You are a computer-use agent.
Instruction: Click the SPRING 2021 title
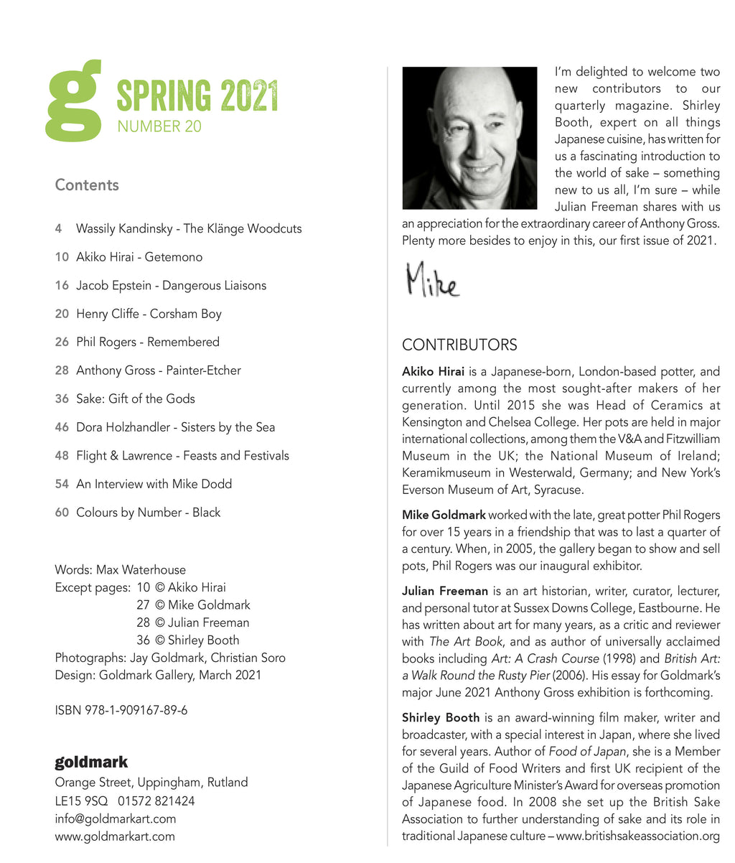coord(197,95)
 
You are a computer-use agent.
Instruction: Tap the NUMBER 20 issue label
coord(159,126)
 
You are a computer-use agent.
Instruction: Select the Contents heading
coord(87,185)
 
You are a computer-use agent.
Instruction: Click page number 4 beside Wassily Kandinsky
coord(58,229)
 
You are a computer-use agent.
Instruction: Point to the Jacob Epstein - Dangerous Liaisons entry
coord(171,286)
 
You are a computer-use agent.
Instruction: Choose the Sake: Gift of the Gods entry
coord(135,399)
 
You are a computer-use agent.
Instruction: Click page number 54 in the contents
coord(62,484)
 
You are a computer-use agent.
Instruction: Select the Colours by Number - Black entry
coord(148,513)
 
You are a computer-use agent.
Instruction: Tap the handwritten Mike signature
coord(432,280)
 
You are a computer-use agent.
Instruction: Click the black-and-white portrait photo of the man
coord(469,138)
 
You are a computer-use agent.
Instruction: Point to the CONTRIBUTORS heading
coord(459,345)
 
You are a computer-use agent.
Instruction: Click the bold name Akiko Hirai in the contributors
coord(433,372)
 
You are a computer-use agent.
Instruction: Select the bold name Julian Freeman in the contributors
coord(445,592)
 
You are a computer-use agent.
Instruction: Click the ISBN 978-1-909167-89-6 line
coord(121,711)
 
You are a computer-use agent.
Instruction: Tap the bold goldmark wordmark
coord(91,762)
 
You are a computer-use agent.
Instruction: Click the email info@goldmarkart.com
coord(115,818)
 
